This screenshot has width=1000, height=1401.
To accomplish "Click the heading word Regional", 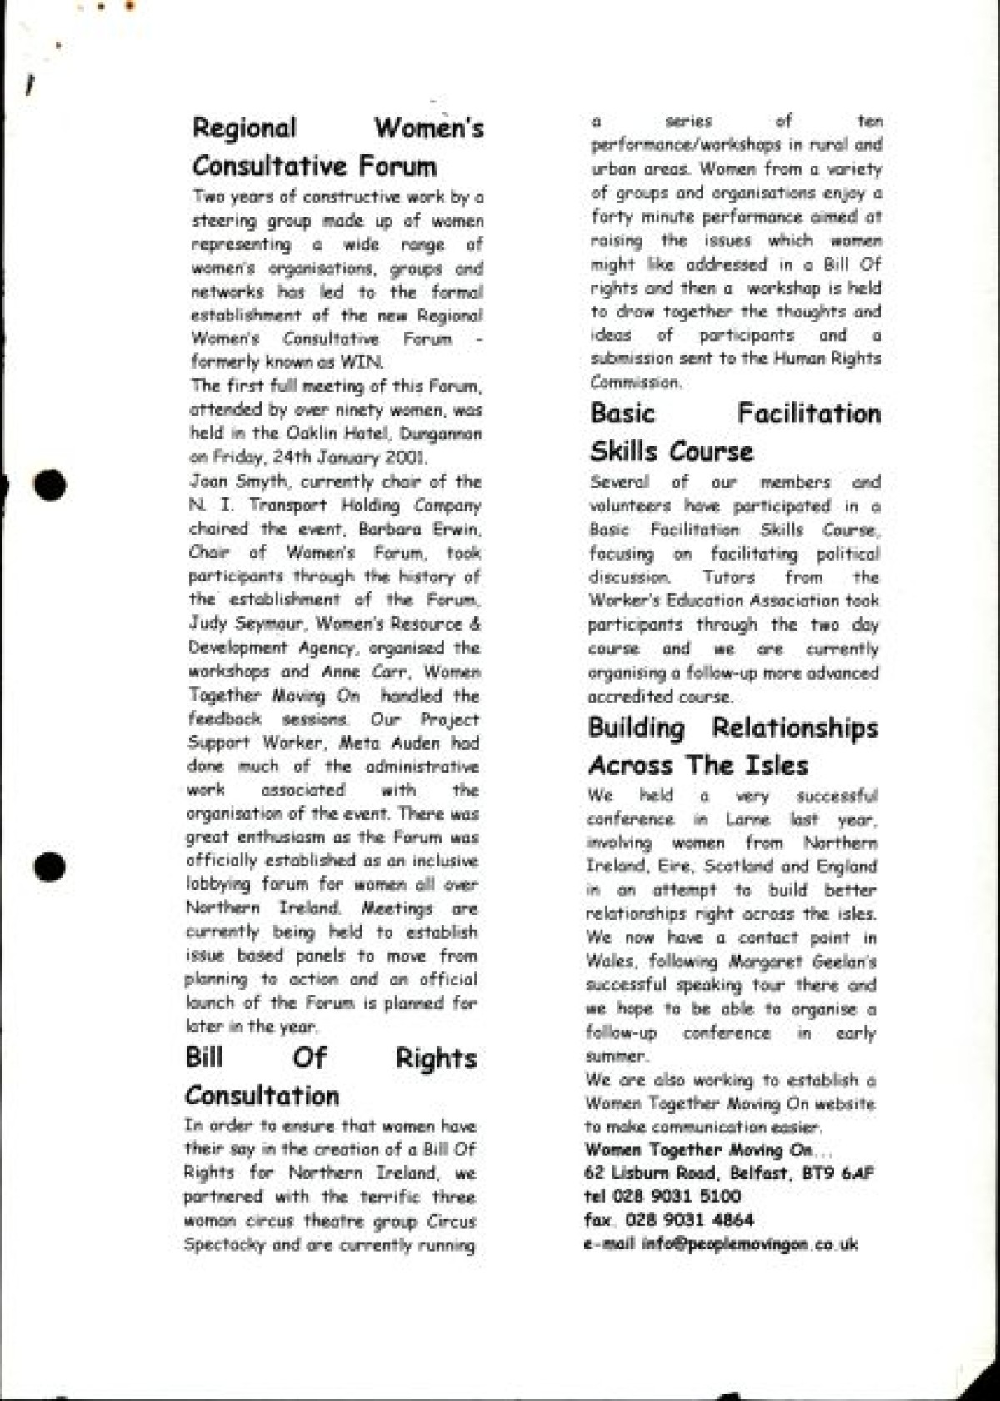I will [244, 129].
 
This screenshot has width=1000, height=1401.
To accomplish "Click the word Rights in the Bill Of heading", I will [435, 1059].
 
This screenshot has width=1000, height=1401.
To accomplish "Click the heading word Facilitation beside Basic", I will [808, 414].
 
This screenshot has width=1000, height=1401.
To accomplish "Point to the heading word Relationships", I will [794, 728].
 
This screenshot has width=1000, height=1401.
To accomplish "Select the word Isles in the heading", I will [777, 765].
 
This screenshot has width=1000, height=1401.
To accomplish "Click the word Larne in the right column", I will [747, 820].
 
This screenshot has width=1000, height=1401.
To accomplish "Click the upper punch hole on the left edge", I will [50, 485].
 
